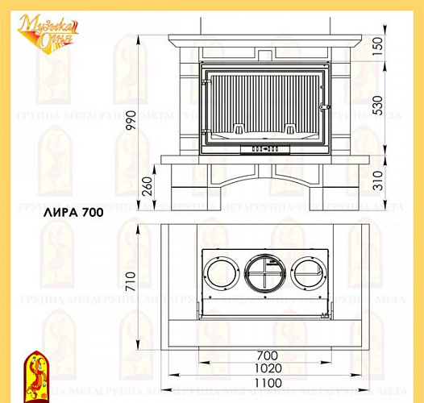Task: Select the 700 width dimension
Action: click(x=267, y=355)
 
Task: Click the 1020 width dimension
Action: click(x=267, y=369)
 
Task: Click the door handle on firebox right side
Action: click(x=325, y=107)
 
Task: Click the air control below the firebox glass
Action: click(x=266, y=147)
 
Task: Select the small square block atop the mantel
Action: click(x=266, y=53)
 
